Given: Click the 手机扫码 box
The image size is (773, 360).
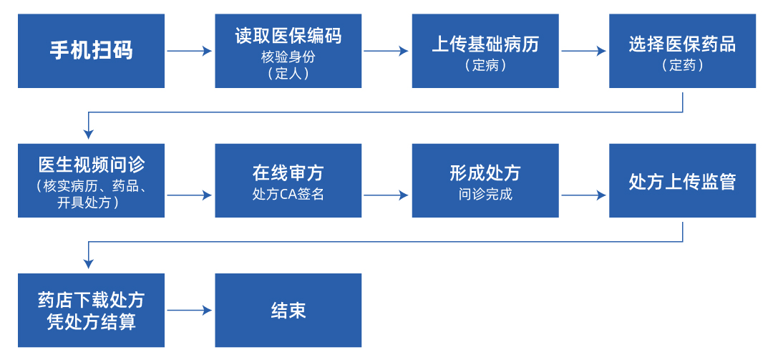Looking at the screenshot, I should [91, 51].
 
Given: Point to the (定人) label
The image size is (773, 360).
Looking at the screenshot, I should [288, 72].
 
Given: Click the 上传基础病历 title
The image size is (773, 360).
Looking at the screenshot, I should [485, 44].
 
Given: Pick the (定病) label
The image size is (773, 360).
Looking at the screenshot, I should [485, 65].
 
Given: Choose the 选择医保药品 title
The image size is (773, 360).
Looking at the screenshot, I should [682, 44].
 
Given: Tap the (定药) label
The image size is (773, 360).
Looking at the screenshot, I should [682, 65].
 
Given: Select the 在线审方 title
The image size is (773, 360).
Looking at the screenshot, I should [288, 172].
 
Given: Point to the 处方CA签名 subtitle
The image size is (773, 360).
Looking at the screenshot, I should [288, 194].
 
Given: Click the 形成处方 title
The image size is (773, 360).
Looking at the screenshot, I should [485, 172].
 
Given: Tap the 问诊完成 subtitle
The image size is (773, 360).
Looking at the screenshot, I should [485, 194].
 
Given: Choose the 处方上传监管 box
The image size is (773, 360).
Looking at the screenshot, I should [682, 181].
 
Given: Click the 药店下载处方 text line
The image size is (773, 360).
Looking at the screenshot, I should [91, 300].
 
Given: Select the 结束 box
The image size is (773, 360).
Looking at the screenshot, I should [288, 311].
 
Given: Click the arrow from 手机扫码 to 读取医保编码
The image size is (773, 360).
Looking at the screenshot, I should [190, 51].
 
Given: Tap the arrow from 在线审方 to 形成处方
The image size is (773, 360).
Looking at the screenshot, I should [386, 195].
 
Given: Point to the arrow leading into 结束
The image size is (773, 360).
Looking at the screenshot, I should [190, 311].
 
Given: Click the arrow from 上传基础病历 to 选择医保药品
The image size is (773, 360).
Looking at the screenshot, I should [583, 51].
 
